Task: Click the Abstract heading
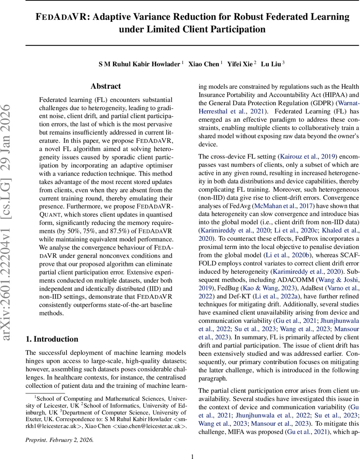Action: (x=105, y=86)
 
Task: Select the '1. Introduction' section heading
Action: (x=52, y=339)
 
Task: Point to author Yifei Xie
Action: (x=240, y=64)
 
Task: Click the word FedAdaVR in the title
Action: (x=65, y=17)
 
